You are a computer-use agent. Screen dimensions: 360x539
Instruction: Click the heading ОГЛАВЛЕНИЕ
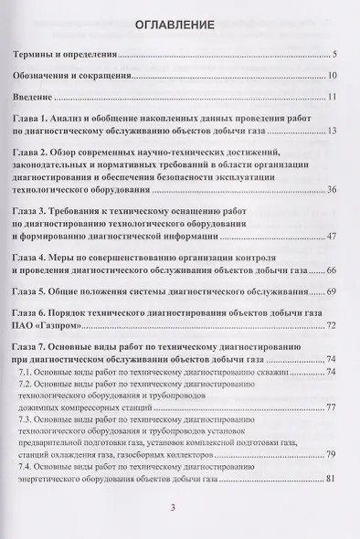tap(179, 25)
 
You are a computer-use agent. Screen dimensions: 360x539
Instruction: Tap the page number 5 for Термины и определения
tap(335, 56)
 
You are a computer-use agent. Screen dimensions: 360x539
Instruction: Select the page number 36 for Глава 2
tap(333, 189)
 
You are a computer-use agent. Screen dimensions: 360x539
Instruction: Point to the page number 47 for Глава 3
tap(333, 238)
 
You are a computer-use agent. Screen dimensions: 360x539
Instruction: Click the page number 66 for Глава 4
tap(333, 270)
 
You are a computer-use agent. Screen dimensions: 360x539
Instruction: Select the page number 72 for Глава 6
tap(333, 324)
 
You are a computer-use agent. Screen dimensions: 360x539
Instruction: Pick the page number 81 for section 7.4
tap(333, 479)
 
